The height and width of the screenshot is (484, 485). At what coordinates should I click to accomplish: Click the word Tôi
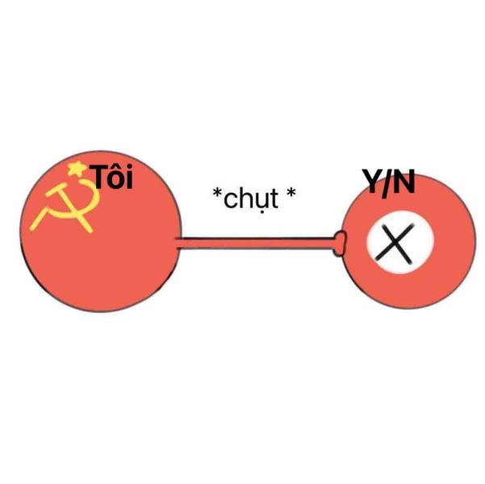(x=113, y=177)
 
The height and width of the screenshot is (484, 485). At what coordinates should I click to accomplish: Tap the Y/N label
(x=389, y=183)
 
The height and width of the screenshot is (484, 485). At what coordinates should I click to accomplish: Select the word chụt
(x=251, y=199)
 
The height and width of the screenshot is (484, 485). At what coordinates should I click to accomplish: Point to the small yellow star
(x=77, y=169)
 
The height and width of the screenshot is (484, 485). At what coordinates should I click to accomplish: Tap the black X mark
(x=395, y=243)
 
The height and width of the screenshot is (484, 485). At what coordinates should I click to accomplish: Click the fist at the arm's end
(x=340, y=243)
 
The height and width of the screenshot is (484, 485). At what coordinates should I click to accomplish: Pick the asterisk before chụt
(x=217, y=192)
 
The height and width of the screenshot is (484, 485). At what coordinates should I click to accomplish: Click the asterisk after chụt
(x=291, y=192)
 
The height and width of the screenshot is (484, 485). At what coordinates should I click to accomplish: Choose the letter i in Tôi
(x=130, y=177)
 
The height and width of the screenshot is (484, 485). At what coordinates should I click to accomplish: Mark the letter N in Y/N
(x=403, y=181)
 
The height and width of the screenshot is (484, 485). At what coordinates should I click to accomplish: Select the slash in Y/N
(x=387, y=184)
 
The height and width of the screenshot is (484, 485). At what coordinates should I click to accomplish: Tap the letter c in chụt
(x=230, y=200)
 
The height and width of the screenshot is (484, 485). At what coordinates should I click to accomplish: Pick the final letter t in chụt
(x=274, y=198)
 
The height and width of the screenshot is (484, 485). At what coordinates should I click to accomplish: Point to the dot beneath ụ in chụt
(x=261, y=212)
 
